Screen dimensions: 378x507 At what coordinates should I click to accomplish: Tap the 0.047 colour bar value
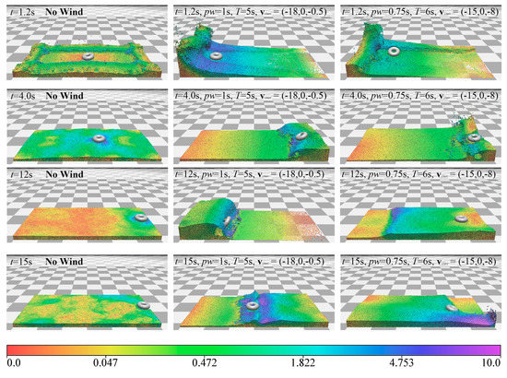(112, 366)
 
